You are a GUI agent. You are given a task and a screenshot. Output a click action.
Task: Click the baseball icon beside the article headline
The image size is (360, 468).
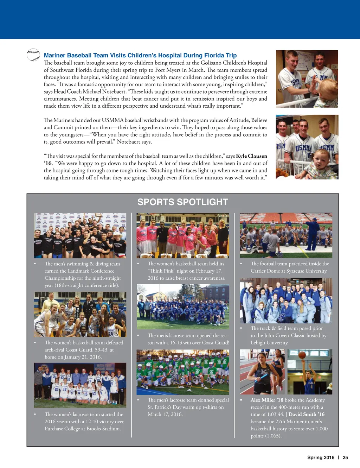pos(33,55)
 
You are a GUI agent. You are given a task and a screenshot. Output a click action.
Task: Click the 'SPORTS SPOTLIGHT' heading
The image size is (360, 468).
pos(182,202)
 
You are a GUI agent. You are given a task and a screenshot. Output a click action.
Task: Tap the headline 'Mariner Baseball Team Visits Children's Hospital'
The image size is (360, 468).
pos(140,55)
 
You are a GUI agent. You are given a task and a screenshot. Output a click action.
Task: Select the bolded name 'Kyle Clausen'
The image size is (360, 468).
pos(251,156)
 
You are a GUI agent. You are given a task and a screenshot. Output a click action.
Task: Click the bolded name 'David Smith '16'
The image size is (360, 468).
pos(306,414)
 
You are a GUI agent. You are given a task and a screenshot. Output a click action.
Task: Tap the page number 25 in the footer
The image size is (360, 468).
pos(345,457)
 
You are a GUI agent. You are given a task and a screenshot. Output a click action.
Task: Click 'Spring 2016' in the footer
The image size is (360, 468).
pos(321,457)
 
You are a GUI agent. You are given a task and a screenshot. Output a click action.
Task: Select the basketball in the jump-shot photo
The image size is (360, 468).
pos(302,355)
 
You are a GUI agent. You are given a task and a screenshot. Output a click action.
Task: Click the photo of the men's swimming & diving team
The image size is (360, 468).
pos(80,235)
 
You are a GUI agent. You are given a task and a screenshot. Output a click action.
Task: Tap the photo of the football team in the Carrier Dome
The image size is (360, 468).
pos(286,235)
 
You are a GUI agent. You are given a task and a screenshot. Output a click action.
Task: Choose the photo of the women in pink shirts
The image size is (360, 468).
pos(182,235)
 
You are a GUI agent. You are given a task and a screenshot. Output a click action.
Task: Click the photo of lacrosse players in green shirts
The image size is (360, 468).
pos(182,372)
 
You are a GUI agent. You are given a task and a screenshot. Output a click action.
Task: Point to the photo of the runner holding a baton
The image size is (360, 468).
pos(262,372)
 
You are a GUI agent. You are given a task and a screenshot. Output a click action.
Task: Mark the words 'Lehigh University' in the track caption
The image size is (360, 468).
pos(269,343)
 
